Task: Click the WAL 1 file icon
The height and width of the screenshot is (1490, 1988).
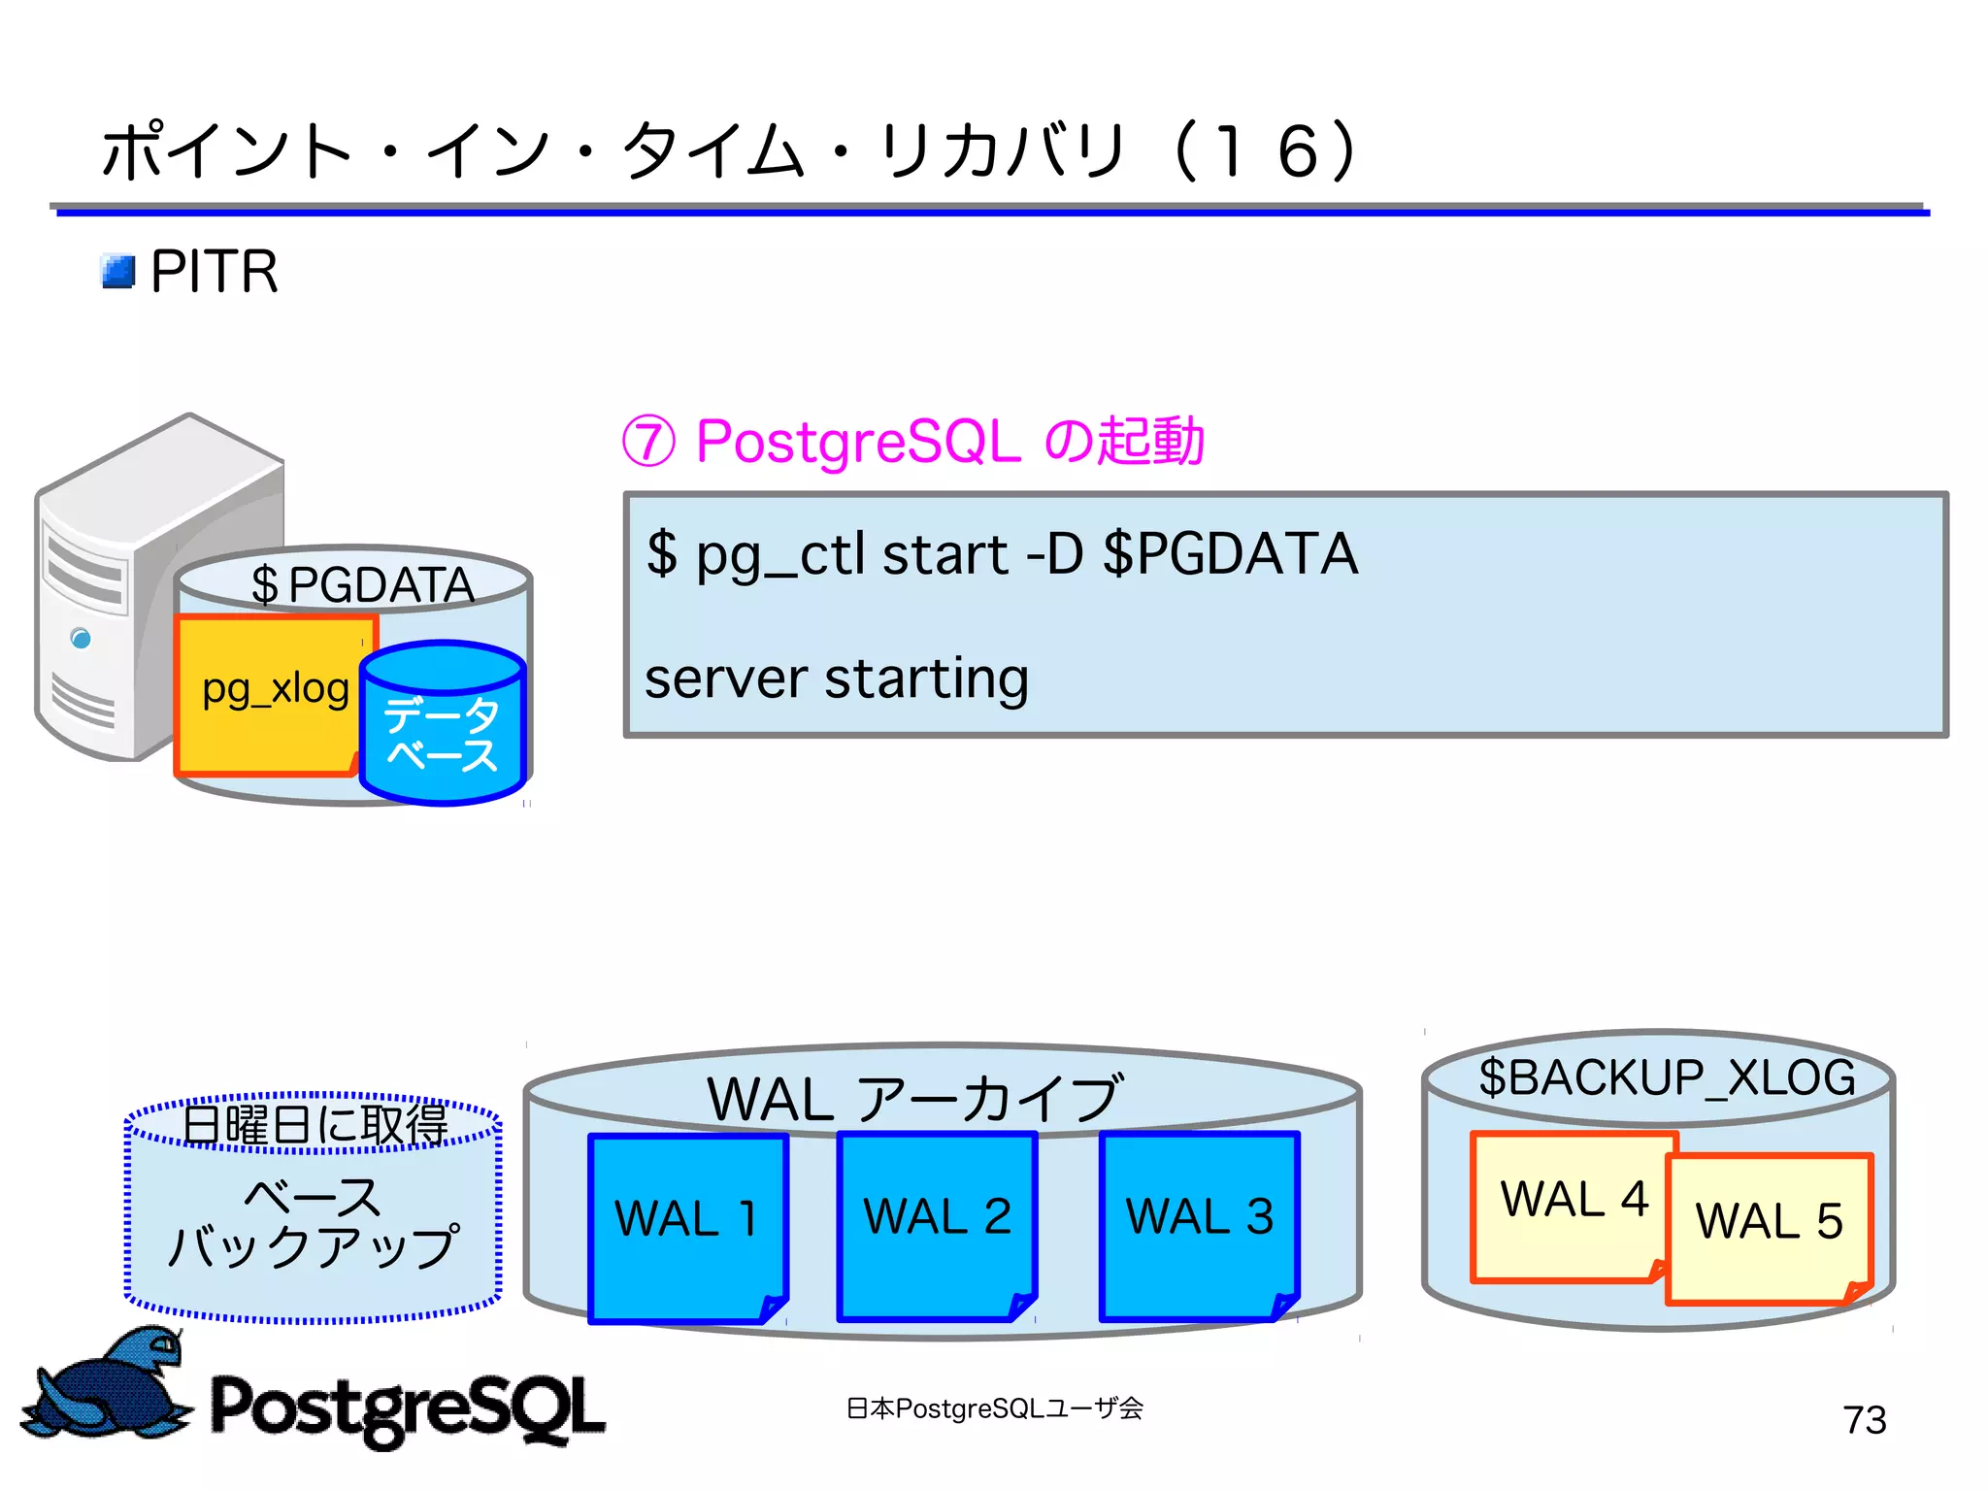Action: [x=687, y=1227]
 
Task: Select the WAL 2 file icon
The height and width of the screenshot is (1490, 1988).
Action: [x=937, y=1225]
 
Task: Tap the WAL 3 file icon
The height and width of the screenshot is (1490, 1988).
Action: [x=1199, y=1225]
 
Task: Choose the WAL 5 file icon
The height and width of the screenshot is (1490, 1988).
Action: [x=1769, y=1227]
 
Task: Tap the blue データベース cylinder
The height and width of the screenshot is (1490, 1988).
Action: [x=443, y=726]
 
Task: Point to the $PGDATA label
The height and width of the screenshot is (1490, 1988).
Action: [x=362, y=584]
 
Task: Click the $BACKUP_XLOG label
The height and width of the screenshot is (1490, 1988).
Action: [x=1666, y=1077]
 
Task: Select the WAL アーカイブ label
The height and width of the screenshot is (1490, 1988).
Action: [x=914, y=1099]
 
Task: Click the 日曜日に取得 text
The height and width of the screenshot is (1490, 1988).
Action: [x=315, y=1124]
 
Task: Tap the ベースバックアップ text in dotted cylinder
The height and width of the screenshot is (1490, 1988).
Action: [x=313, y=1223]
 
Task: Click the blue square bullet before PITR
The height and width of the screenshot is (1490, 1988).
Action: [x=118, y=272]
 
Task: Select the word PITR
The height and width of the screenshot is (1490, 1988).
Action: [x=215, y=272]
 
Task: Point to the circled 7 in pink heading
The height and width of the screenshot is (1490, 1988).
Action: [x=648, y=442]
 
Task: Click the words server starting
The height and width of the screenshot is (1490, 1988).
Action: [x=836, y=678]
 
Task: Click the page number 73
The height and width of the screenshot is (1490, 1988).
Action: [x=1864, y=1420]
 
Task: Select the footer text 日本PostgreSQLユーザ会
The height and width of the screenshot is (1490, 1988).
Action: [x=994, y=1407]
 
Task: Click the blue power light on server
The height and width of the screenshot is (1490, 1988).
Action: [x=82, y=638]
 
